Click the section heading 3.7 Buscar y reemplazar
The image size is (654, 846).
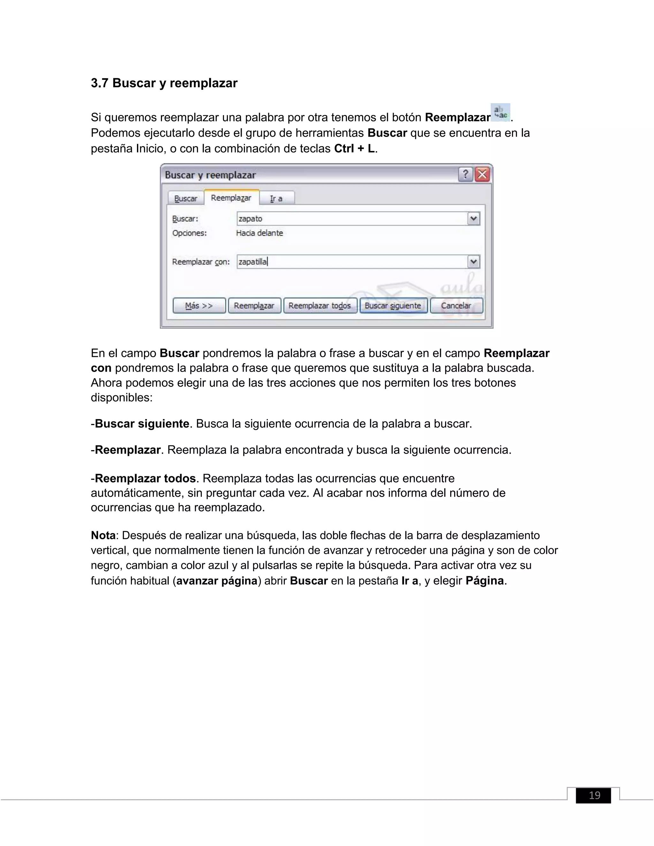tap(164, 83)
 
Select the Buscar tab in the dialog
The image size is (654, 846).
tap(186, 198)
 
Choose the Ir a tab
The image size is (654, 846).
tap(276, 198)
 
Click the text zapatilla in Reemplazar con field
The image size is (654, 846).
tap(253, 262)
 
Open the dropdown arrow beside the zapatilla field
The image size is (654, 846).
tap(474, 262)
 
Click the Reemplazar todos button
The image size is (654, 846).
tap(320, 306)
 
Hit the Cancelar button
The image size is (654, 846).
tap(456, 306)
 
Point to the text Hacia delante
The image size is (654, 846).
tap(259, 233)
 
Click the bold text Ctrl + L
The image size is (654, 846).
tap(354, 149)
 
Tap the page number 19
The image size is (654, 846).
tap(594, 795)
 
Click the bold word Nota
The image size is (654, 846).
tap(103, 535)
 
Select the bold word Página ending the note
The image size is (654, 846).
tap(484, 581)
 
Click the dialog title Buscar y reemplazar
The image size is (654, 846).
tap(210, 175)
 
